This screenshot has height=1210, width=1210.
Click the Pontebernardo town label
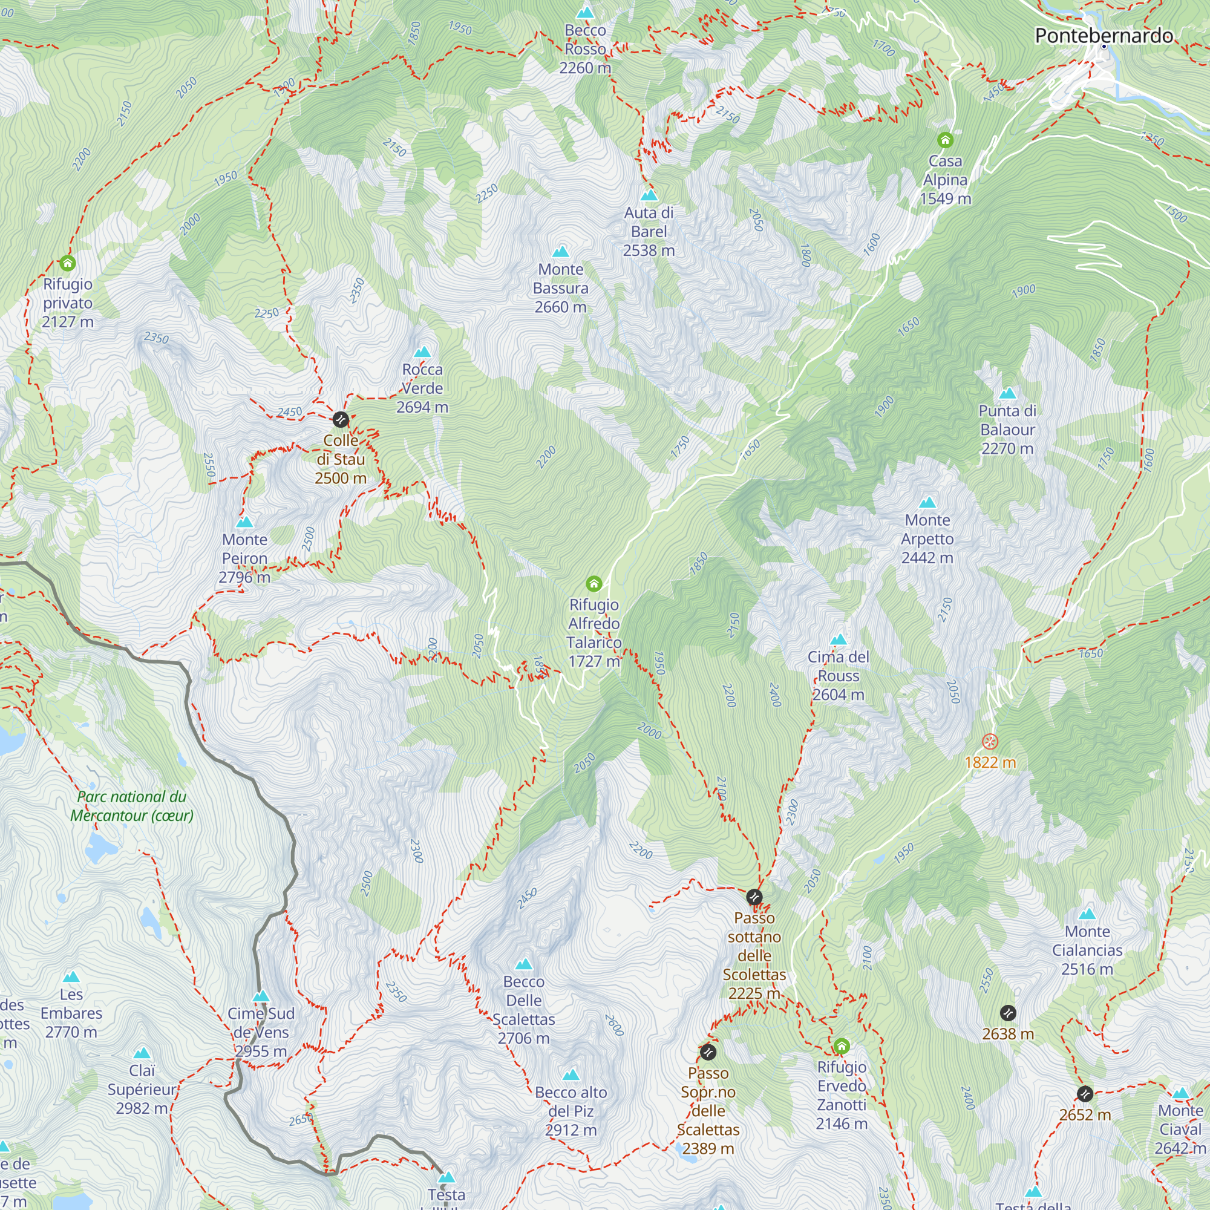1104,36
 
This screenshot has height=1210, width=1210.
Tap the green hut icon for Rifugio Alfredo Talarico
594,584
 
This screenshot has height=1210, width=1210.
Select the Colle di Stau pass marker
340,419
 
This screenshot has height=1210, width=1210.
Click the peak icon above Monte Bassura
561,252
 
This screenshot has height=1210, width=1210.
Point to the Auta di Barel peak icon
649,195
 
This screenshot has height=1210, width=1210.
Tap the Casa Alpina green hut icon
945,140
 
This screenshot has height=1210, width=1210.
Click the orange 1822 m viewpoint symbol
990,742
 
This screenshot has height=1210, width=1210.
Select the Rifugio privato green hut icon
68,263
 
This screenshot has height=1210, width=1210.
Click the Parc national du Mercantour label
131,806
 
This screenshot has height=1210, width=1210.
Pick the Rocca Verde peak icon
423,352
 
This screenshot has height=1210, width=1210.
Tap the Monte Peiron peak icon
244,522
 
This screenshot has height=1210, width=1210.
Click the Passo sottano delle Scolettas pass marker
754,897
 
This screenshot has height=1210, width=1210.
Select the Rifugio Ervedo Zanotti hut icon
841,1046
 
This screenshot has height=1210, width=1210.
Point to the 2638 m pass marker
1008,1013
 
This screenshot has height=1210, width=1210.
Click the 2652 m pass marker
1085,1093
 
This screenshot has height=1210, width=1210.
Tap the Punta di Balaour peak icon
1007,393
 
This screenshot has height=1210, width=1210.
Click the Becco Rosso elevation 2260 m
585,68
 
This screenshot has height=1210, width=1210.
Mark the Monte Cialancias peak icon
1087,914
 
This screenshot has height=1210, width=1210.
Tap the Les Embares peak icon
71,977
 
